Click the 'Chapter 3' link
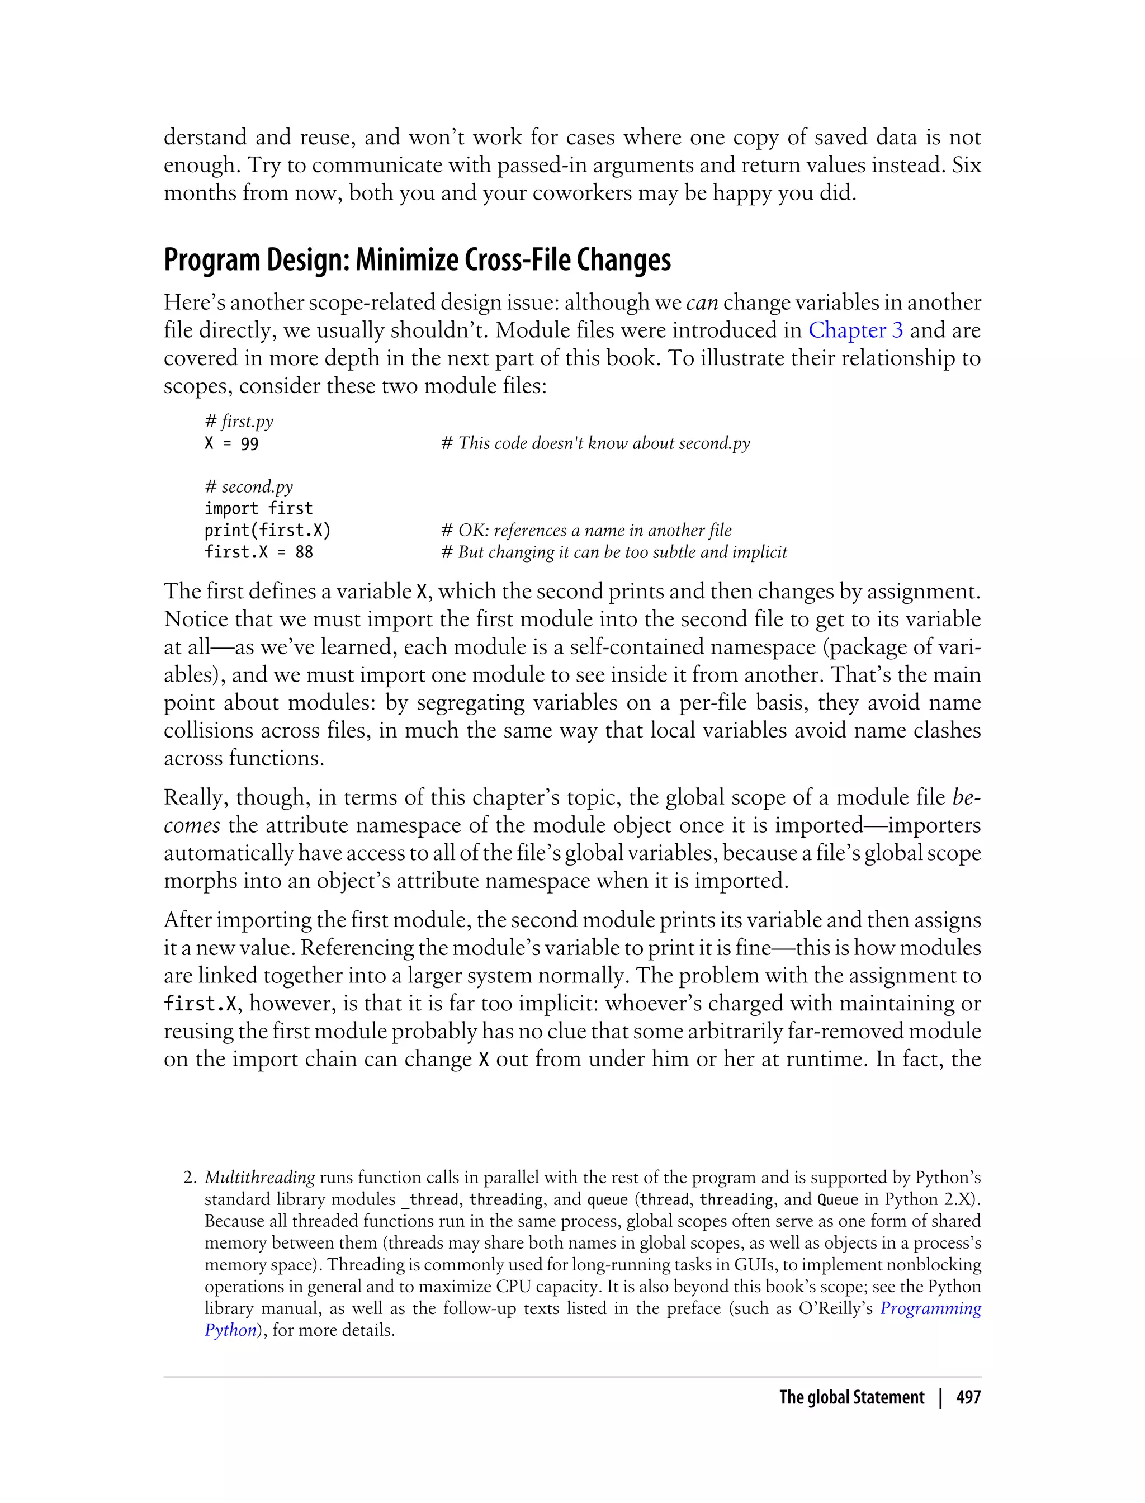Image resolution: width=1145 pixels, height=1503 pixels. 855,330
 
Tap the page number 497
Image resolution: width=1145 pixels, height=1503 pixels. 968,1398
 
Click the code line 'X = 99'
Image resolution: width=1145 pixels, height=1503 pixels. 231,444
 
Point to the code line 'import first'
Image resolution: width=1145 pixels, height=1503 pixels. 258,508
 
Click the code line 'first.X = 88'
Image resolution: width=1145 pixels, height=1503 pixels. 258,552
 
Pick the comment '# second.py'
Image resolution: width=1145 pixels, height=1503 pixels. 248,486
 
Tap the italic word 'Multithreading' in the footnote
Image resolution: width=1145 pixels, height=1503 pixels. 259,1177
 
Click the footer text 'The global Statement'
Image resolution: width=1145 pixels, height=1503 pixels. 851,1398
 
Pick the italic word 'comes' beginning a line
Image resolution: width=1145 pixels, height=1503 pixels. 192,825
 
